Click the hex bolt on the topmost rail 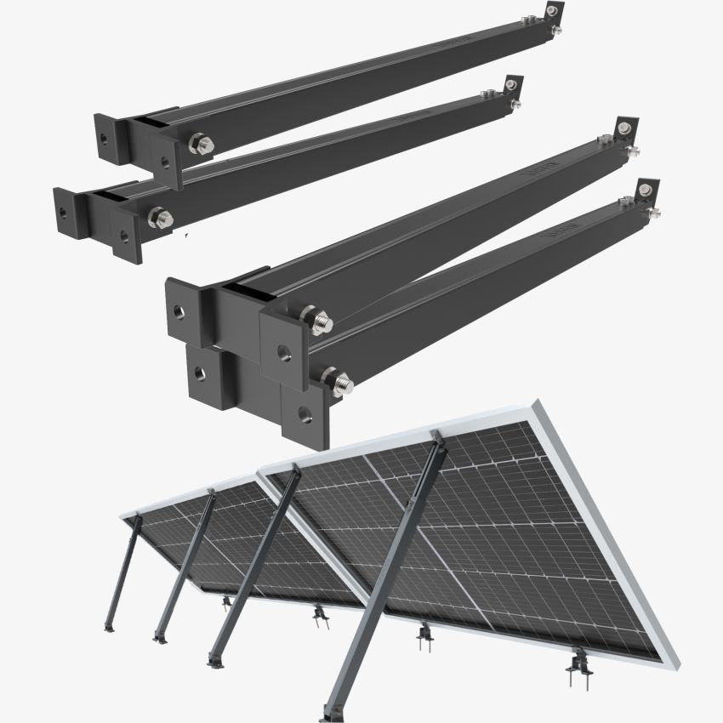pos(205,145)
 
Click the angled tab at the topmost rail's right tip pos(554,11)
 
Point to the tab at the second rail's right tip pos(511,84)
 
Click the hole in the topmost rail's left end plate pos(104,136)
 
